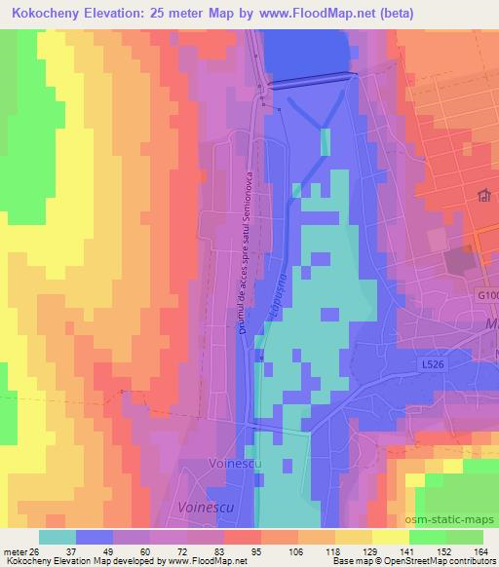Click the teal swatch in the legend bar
pos(58,537)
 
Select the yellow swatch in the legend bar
pos(391,537)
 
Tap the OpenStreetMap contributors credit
pos(446,561)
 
